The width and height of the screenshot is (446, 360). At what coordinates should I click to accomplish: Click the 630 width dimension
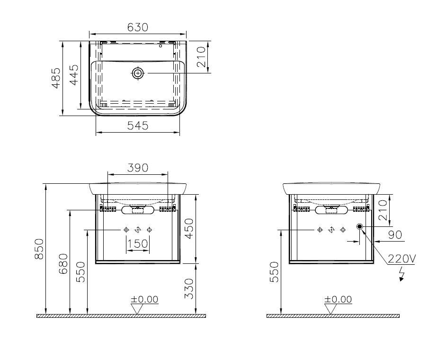coord(138,27)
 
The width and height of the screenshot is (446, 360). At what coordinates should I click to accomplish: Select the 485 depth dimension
coord(56,78)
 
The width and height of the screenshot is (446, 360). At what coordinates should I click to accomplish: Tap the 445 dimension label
coord(74,75)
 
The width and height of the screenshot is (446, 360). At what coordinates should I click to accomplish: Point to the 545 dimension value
coord(138,126)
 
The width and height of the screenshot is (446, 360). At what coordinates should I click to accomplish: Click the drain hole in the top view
coord(138,73)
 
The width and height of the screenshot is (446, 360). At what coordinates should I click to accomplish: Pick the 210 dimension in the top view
coord(201,57)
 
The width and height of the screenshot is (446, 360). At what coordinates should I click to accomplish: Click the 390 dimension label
coord(138,168)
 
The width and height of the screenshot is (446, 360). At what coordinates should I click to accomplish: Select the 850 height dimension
coord(39,249)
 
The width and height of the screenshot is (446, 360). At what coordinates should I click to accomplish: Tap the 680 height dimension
coord(63,264)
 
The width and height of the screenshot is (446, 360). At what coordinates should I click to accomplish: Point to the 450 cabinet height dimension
coord(188,229)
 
